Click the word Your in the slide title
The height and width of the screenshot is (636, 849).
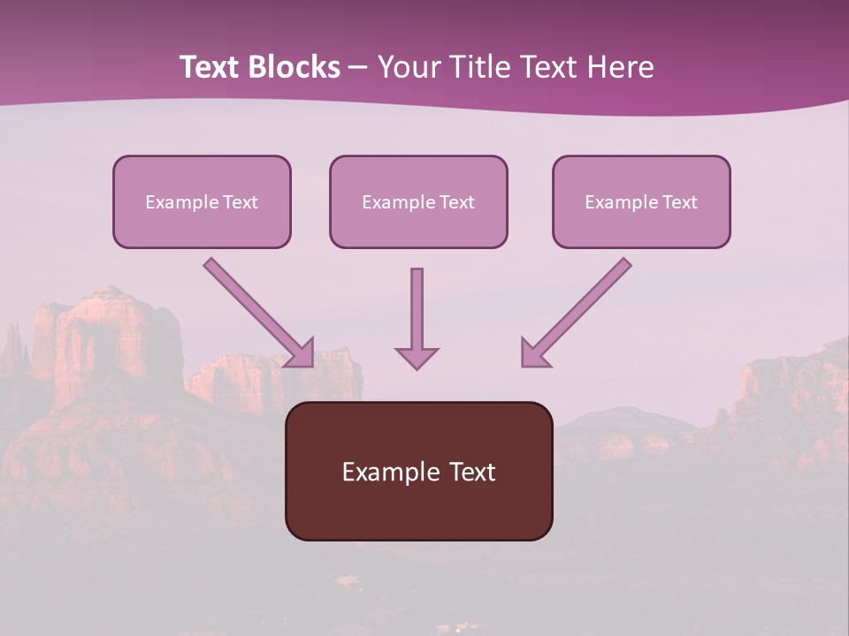tap(409, 67)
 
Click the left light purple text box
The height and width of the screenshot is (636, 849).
tap(202, 201)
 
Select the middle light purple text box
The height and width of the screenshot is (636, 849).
tap(418, 201)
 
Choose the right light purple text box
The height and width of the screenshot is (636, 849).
tap(641, 201)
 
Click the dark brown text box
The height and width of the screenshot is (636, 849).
tap(418, 471)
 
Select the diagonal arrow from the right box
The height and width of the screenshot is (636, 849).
tap(579, 308)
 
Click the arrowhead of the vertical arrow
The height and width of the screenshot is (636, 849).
tap(417, 358)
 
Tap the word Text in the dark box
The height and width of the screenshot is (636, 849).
tap(472, 472)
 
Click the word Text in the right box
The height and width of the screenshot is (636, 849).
tap(680, 202)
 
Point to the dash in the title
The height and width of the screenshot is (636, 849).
tap(358, 68)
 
